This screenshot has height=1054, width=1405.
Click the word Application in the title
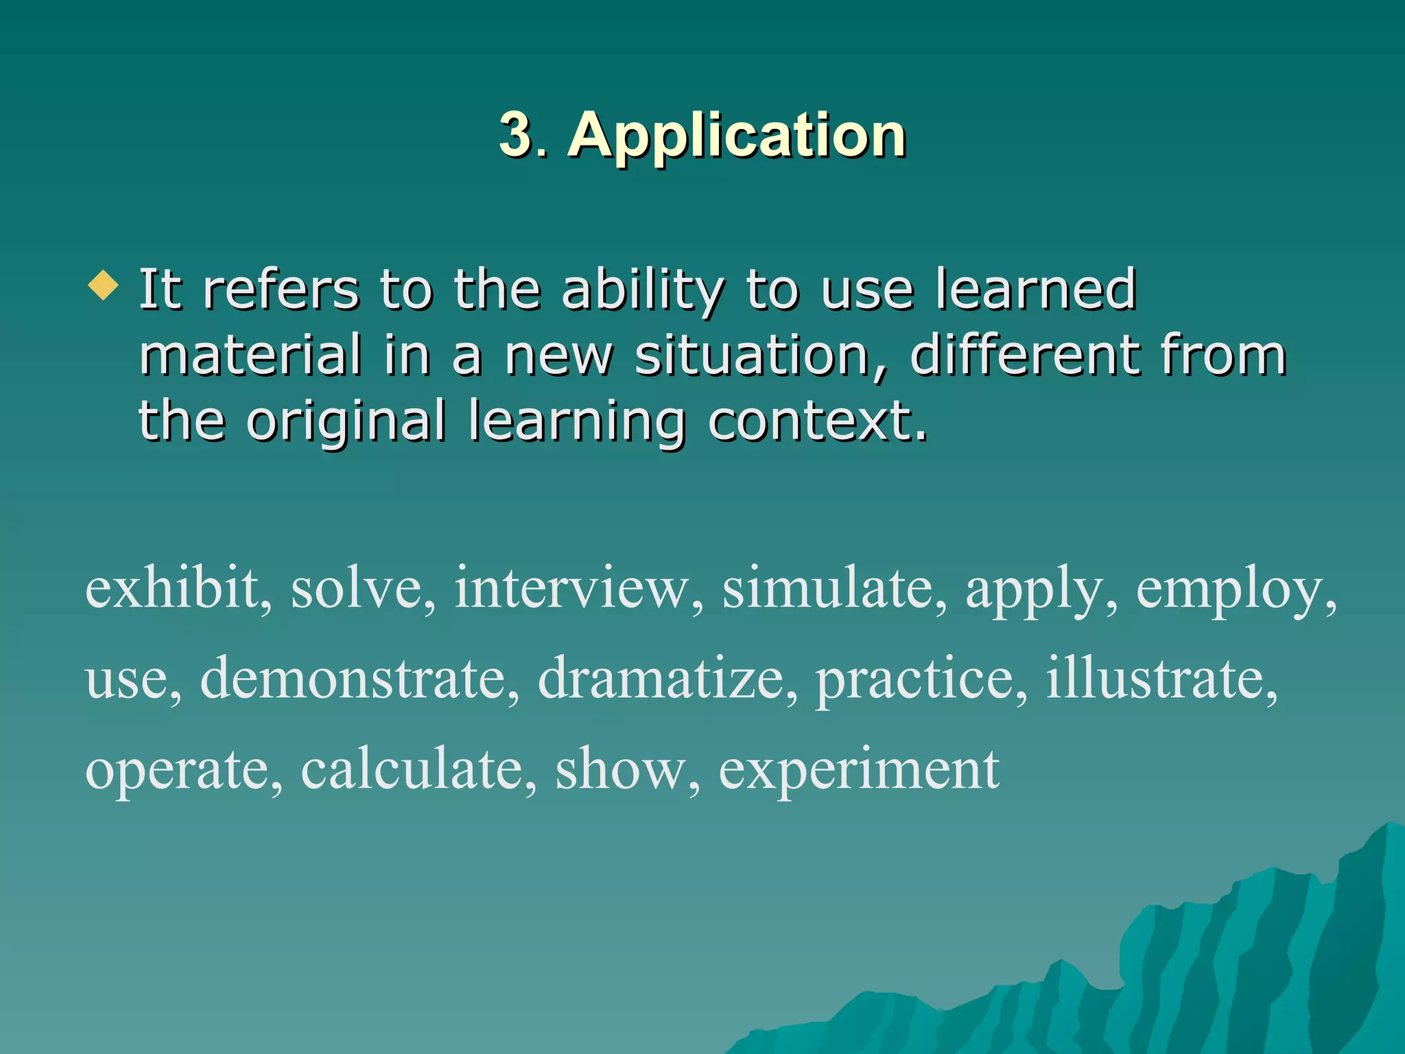(x=737, y=136)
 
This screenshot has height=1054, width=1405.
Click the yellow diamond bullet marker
(x=104, y=285)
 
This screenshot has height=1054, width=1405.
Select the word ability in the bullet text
(x=642, y=290)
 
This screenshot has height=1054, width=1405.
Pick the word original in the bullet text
(x=346, y=421)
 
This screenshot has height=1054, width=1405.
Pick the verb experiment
(x=858, y=771)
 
